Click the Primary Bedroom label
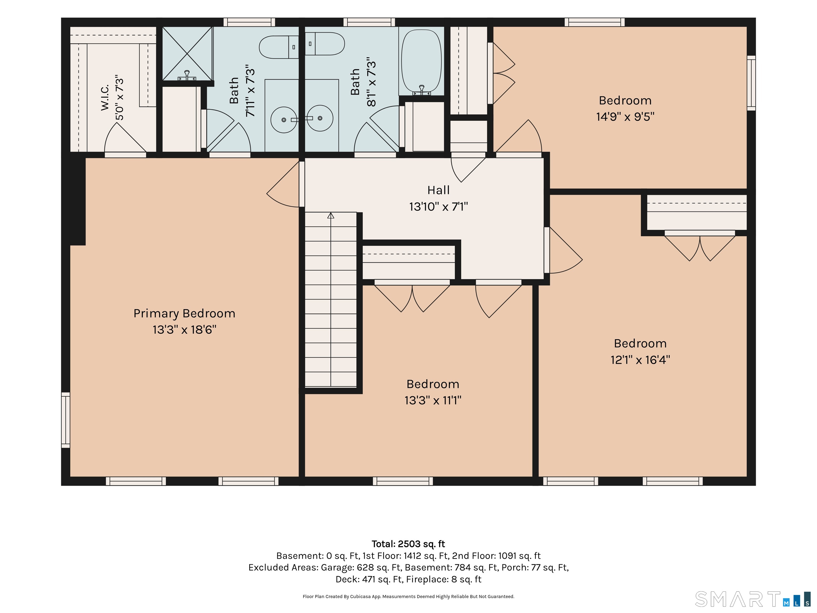pos(184,313)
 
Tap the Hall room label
pos(438,190)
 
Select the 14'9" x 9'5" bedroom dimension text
pos(625,117)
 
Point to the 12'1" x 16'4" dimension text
pos(640,359)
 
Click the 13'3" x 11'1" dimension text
pos(433,400)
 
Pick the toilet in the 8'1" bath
pos(325,44)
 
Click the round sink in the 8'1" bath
pos(320,118)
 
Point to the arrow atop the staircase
pos(331,216)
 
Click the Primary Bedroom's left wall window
pos(65,420)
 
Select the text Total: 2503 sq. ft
pos(408,544)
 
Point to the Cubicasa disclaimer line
pos(408,597)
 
